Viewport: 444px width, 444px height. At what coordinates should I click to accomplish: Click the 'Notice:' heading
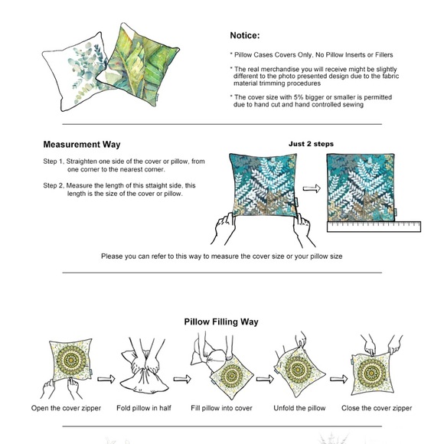[x=245, y=36]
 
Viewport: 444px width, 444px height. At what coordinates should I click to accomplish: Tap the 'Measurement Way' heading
[x=82, y=145]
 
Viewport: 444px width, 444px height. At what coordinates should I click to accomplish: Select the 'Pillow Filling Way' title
[x=221, y=322]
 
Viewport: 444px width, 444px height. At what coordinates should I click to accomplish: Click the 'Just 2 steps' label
[x=311, y=144]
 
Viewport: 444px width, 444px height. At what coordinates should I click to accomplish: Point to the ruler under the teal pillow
[x=374, y=227]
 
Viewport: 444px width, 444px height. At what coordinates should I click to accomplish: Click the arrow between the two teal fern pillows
[x=312, y=188]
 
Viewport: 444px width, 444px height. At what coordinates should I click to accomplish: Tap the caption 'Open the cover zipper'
[x=66, y=408]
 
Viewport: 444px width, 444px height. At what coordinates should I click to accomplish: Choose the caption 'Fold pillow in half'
[x=144, y=408]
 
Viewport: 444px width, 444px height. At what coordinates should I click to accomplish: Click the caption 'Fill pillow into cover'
[x=221, y=408]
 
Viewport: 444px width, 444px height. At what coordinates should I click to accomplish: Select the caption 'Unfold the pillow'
[x=299, y=408]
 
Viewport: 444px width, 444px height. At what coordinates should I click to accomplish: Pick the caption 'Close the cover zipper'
[x=377, y=408]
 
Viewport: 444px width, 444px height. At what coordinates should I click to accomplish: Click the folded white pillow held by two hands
[x=145, y=371]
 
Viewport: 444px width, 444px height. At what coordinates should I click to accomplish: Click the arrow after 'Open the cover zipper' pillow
[x=106, y=379]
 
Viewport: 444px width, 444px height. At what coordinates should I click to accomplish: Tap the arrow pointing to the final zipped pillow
[x=338, y=379]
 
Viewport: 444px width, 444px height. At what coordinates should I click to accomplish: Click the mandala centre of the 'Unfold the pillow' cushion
[x=298, y=369]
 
